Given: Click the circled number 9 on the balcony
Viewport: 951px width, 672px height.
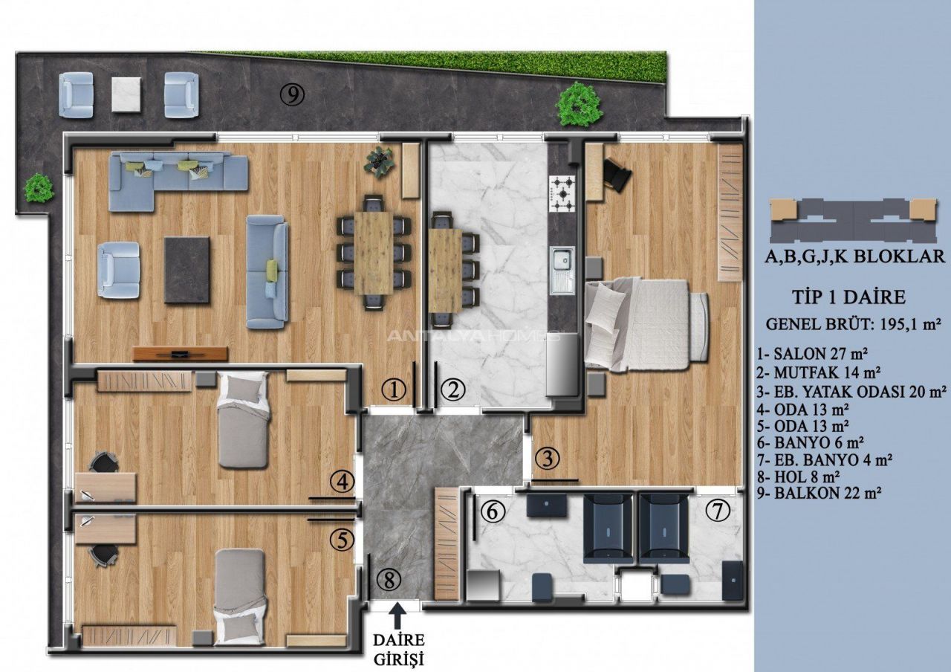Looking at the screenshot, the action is (x=293, y=94).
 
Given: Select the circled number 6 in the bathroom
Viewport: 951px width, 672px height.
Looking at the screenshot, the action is (x=493, y=511).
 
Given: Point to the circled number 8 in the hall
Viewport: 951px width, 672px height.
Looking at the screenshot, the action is (x=389, y=580).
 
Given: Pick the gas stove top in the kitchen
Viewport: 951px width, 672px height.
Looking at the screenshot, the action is (x=562, y=194).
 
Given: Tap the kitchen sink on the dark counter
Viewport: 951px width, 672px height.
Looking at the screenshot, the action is (x=562, y=271).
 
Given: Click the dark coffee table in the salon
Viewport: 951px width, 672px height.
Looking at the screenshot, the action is (x=186, y=270).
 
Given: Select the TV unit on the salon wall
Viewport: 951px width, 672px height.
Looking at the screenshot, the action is (x=181, y=353).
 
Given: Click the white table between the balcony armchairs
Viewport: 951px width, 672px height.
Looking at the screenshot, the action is (x=126, y=94).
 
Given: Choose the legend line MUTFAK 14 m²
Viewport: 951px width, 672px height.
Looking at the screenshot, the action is (x=818, y=372).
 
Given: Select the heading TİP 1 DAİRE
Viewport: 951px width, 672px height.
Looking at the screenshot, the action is (x=848, y=297).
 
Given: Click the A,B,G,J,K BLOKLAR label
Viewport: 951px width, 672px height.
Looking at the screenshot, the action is (x=854, y=256).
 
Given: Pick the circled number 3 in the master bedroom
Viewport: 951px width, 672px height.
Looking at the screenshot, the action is (x=548, y=459).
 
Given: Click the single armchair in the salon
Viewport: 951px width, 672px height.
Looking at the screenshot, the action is (x=118, y=270).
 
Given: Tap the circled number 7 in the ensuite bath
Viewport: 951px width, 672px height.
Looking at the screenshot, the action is (x=718, y=510).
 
